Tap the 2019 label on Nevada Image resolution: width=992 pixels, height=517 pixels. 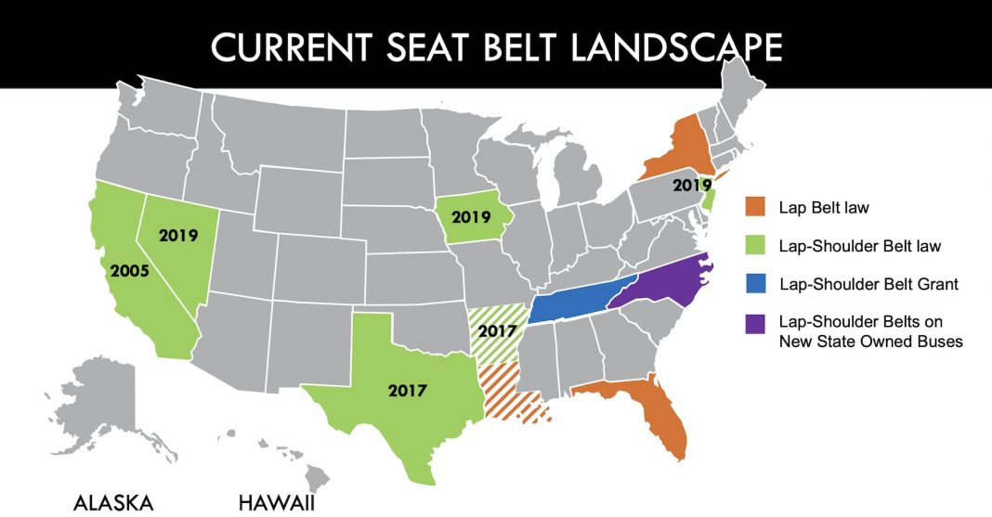[x=179, y=235]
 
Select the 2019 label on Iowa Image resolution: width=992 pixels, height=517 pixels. [x=471, y=218]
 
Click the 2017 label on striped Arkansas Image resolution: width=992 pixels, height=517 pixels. [x=500, y=331]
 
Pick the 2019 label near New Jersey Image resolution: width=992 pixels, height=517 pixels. [x=693, y=186]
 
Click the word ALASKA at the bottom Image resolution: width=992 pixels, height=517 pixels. [x=113, y=503]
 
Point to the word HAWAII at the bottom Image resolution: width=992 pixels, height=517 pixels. [x=277, y=503]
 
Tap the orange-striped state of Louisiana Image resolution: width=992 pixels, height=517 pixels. [x=509, y=390]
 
